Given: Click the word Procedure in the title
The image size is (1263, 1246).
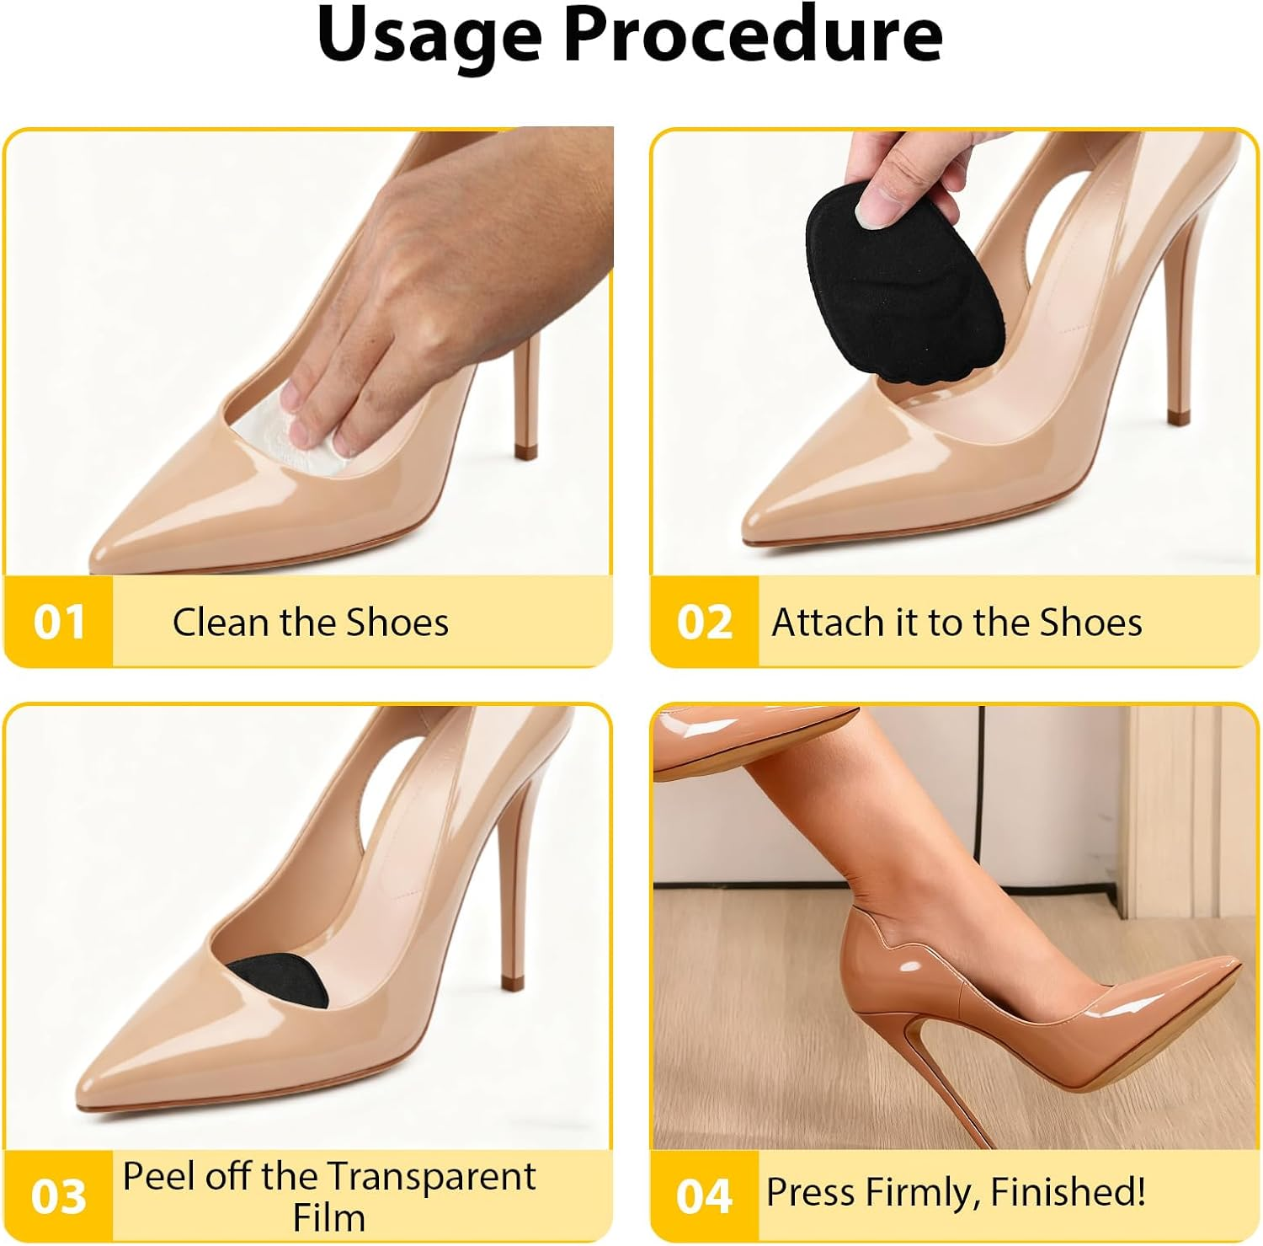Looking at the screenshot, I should pos(752,35).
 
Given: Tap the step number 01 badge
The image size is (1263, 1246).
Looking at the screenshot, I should pos(59,623).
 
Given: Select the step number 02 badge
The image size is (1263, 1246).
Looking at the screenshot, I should pos(704,623).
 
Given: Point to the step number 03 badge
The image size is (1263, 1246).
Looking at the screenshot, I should pos(59,1196).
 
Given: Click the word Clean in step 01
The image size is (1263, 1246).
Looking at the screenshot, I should pos(221,623).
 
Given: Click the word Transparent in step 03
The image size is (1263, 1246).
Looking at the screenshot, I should pos(431,1176).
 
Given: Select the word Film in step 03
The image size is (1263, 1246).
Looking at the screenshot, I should pos(328,1218).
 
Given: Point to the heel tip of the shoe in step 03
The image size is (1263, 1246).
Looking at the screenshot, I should pos(511,982).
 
